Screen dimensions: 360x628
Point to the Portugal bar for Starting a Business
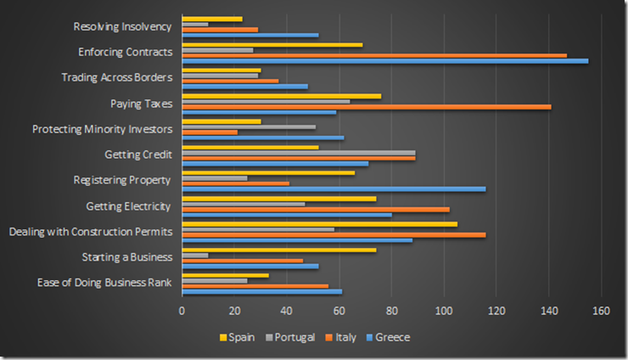(x=195, y=255)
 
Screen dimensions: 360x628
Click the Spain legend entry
(x=241, y=337)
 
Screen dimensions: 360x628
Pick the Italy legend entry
(x=341, y=337)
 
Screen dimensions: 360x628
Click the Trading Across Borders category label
(x=117, y=77)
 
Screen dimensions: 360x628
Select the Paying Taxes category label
(x=141, y=104)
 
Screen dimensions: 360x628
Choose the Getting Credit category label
(x=138, y=155)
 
